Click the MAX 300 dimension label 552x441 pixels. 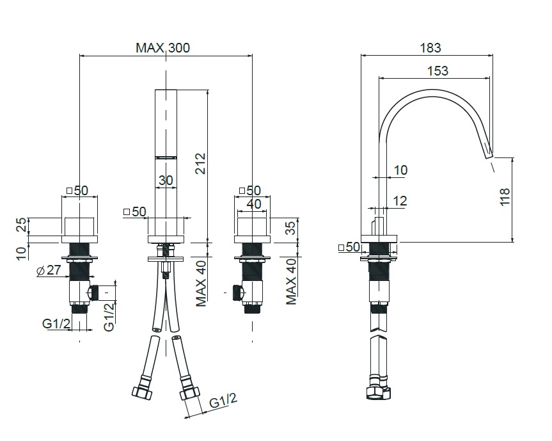click(x=162, y=47)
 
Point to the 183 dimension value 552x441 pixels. click(x=430, y=47)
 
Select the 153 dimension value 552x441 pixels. click(x=438, y=71)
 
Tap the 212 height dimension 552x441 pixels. click(x=200, y=163)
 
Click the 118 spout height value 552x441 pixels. click(x=505, y=197)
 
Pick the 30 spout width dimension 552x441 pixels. click(x=166, y=180)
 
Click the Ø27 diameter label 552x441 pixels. click(x=49, y=270)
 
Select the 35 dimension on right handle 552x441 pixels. click(x=291, y=228)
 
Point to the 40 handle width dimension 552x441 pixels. click(x=254, y=204)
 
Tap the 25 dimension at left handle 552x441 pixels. click(x=22, y=225)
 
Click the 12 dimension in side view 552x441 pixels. click(x=400, y=201)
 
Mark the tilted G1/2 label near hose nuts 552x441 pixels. click(x=223, y=401)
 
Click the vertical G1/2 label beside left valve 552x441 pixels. click(x=109, y=317)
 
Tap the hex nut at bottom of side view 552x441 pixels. click(x=379, y=393)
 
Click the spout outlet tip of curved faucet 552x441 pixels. click(x=489, y=156)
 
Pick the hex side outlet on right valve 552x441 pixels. click(x=238, y=292)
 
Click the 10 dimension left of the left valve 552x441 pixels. click(x=22, y=253)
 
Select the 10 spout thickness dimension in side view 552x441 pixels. click(x=400, y=170)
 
